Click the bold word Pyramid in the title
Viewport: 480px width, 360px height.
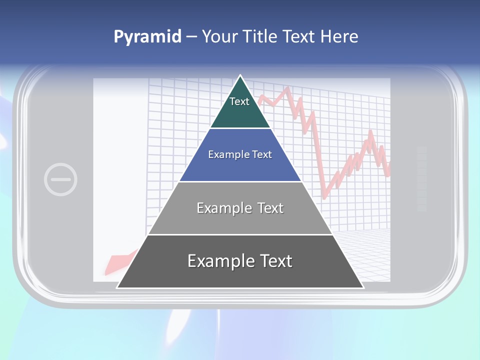click(147, 36)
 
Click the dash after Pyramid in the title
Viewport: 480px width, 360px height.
click(191, 37)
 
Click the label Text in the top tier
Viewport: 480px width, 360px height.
click(239, 101)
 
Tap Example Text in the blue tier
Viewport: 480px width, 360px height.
click(240, 154)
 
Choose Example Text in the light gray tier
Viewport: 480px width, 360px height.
click(240, 208)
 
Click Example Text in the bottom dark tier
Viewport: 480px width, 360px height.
click(240, 261)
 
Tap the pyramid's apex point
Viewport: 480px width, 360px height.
click(240, 76)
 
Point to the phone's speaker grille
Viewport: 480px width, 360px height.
click(421, 179)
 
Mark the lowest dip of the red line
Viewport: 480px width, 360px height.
click(324, 197)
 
